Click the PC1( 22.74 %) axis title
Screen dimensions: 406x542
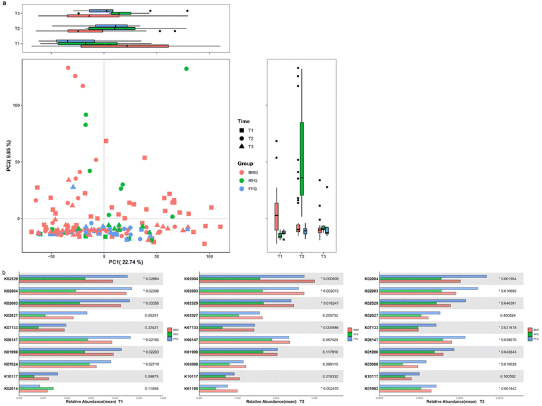(x=103, y=262)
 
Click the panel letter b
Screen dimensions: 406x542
(x=5, y=272)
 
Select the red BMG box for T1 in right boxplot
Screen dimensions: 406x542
(x=277, y=216)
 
